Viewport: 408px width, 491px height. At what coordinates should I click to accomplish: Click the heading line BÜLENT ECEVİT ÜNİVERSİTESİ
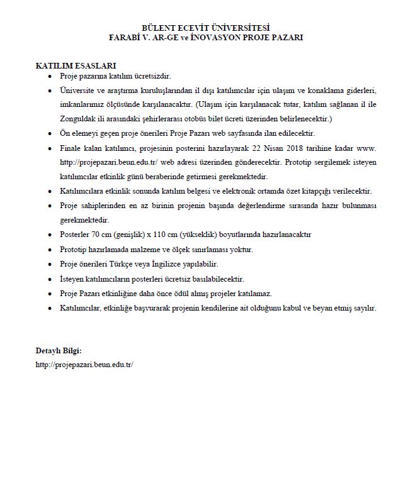[205, 28]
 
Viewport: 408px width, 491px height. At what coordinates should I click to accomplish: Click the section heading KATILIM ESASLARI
[76, 65]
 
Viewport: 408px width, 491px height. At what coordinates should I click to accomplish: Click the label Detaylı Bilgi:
[59, 350]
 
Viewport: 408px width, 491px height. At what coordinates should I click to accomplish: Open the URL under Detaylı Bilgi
[84, 365]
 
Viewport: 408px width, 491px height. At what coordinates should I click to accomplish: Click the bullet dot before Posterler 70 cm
[50, 234]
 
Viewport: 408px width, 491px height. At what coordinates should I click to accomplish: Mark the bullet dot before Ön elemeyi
[50, 133]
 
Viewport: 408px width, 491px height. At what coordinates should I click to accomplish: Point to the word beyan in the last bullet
[320, 308]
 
